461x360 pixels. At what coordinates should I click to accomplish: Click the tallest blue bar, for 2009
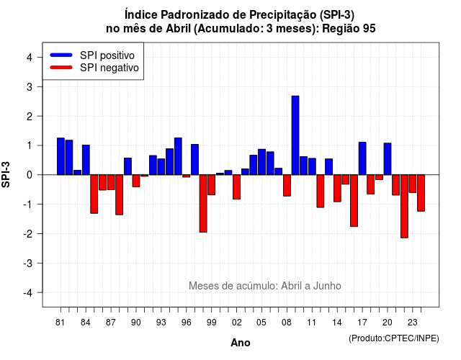pos(295,135)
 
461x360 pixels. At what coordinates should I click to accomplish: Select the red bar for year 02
pos(237,187)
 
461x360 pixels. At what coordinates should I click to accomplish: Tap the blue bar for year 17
pos(362,158)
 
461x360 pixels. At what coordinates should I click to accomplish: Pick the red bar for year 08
pos(287,186)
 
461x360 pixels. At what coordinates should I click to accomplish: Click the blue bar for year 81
pos(61,156)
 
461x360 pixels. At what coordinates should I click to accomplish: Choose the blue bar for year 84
pos(86,160)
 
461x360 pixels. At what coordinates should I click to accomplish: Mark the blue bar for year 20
pos(388,159)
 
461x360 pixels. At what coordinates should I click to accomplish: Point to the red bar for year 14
pos(337,189)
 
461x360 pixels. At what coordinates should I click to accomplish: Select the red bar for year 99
pos(211,185)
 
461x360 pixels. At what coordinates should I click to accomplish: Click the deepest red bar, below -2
pos(404,207)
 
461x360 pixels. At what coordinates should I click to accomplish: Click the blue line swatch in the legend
pos(61,55)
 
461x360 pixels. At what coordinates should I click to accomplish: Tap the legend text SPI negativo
pos(109,68)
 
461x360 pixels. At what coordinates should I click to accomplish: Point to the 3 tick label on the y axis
pos(29,87)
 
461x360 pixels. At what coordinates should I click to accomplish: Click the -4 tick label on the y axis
pos(28,293)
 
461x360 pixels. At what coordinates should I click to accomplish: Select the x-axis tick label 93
pos(161,323)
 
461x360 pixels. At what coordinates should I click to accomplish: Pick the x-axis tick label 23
pos(413,323)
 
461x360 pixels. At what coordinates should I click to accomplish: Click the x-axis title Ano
pos(241,343)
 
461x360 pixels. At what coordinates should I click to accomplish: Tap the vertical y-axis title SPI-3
pos(6,174)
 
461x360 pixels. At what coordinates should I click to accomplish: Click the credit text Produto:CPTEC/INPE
pos(394,338)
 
